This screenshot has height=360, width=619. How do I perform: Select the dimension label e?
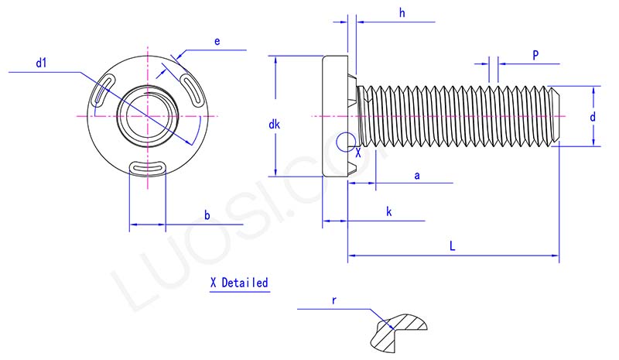click(x=217, y=42)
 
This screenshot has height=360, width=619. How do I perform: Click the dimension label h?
click(x=402, y=12)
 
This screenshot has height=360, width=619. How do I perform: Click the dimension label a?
click(x=417, y=176)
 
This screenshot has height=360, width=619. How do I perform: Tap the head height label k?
click(x=388, y=211)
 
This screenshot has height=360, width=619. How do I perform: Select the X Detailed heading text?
click(x=239, y=283)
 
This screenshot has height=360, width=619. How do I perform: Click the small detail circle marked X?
click(x=347, y=140)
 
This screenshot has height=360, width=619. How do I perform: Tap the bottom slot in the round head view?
click(x=147, y=166)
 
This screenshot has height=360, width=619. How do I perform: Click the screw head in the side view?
click(x=334, y=116)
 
